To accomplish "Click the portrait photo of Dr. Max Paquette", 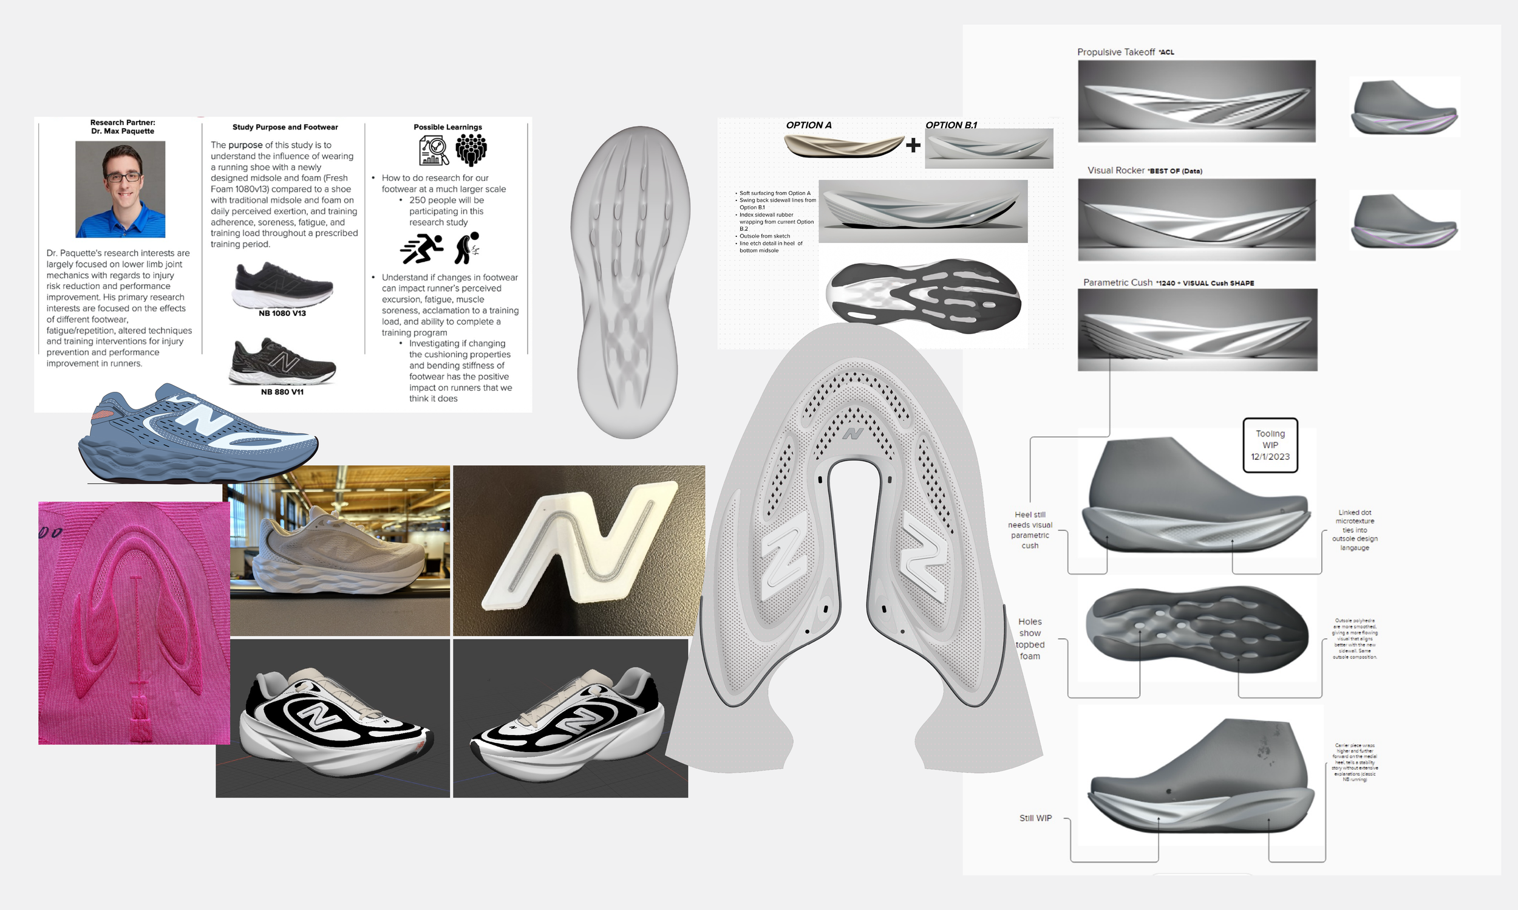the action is click(x=120, y=189).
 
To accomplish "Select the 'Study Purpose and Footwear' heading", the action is click(x=285, y=127).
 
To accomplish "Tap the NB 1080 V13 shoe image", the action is click(x=282, y=285).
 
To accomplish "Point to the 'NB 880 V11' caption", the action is click(x=282, y=392).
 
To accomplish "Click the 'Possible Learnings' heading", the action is click(x=448, y=127).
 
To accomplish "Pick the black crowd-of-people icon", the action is click(x=471, y=150).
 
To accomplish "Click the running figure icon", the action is click(x=421, y=248).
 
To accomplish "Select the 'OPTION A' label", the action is click(x=808, y=125).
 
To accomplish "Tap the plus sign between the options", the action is click(x=913, y=145).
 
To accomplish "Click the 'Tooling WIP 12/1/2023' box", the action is click(x=1270, y=445).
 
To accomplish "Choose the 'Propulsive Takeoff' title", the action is click(x=1116, y=52).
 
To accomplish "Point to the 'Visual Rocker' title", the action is click(x=1115, y=171).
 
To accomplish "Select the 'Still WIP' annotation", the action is click(x=1035, y=818).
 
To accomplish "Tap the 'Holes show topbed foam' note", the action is click(x=1030, y=639).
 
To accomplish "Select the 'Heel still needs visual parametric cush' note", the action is click(x=1030, y=530).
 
